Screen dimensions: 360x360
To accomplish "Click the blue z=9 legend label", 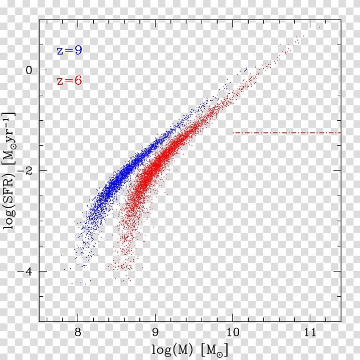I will [x=69, y=50].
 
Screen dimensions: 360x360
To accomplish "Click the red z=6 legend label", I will [x=69, y=80].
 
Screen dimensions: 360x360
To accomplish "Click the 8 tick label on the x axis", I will [x=78, y=333].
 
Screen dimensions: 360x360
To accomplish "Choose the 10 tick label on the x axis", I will [x=232, y=333].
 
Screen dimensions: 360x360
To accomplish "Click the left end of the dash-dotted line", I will [x=233, y=133].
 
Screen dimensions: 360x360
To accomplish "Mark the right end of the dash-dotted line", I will [x=340, y=133].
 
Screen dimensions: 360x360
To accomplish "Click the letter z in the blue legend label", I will [x=60, y=51].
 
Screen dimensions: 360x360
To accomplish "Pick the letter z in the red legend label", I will [x=60, y=81].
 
